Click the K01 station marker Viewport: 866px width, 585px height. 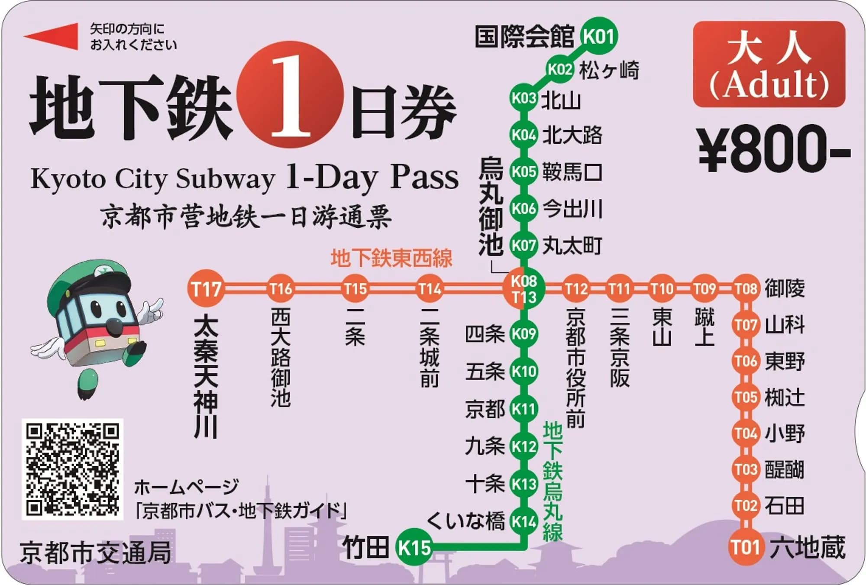point(599,36)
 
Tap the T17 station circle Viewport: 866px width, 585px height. point(206,289)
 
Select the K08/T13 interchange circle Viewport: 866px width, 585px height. point(523,289)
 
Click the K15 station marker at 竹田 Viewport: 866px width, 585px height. point(414,547)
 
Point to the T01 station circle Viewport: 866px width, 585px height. point(746,547)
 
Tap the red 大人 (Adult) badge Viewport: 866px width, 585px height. point(769,64)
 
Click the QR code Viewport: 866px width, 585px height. point(72,469)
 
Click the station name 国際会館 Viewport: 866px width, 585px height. point(524,36)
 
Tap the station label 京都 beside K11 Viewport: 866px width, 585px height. point(485,408)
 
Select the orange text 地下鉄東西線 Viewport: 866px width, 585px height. point(391,258)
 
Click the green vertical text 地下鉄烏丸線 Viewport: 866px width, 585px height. point(553,481)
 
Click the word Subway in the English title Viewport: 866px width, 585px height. point(225,178)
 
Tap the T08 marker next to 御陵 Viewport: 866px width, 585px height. point(746,289)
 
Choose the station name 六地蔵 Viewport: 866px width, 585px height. point(807,547)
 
